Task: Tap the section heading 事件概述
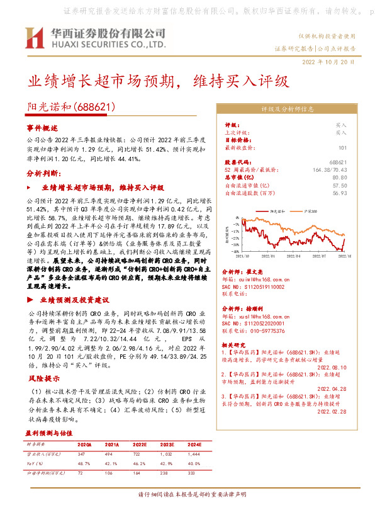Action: [42, 128]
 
